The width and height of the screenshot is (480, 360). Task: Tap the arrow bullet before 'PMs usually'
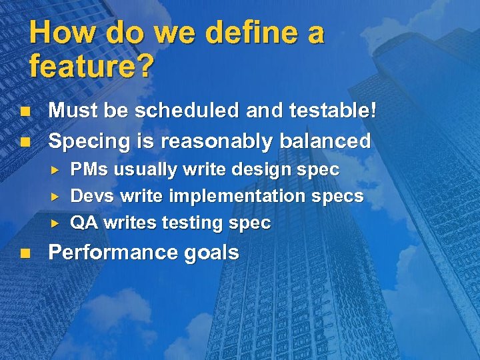point(57,170)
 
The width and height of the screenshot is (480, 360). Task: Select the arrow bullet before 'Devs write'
point(57,197)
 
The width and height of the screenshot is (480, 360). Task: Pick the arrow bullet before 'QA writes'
point(57,223)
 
